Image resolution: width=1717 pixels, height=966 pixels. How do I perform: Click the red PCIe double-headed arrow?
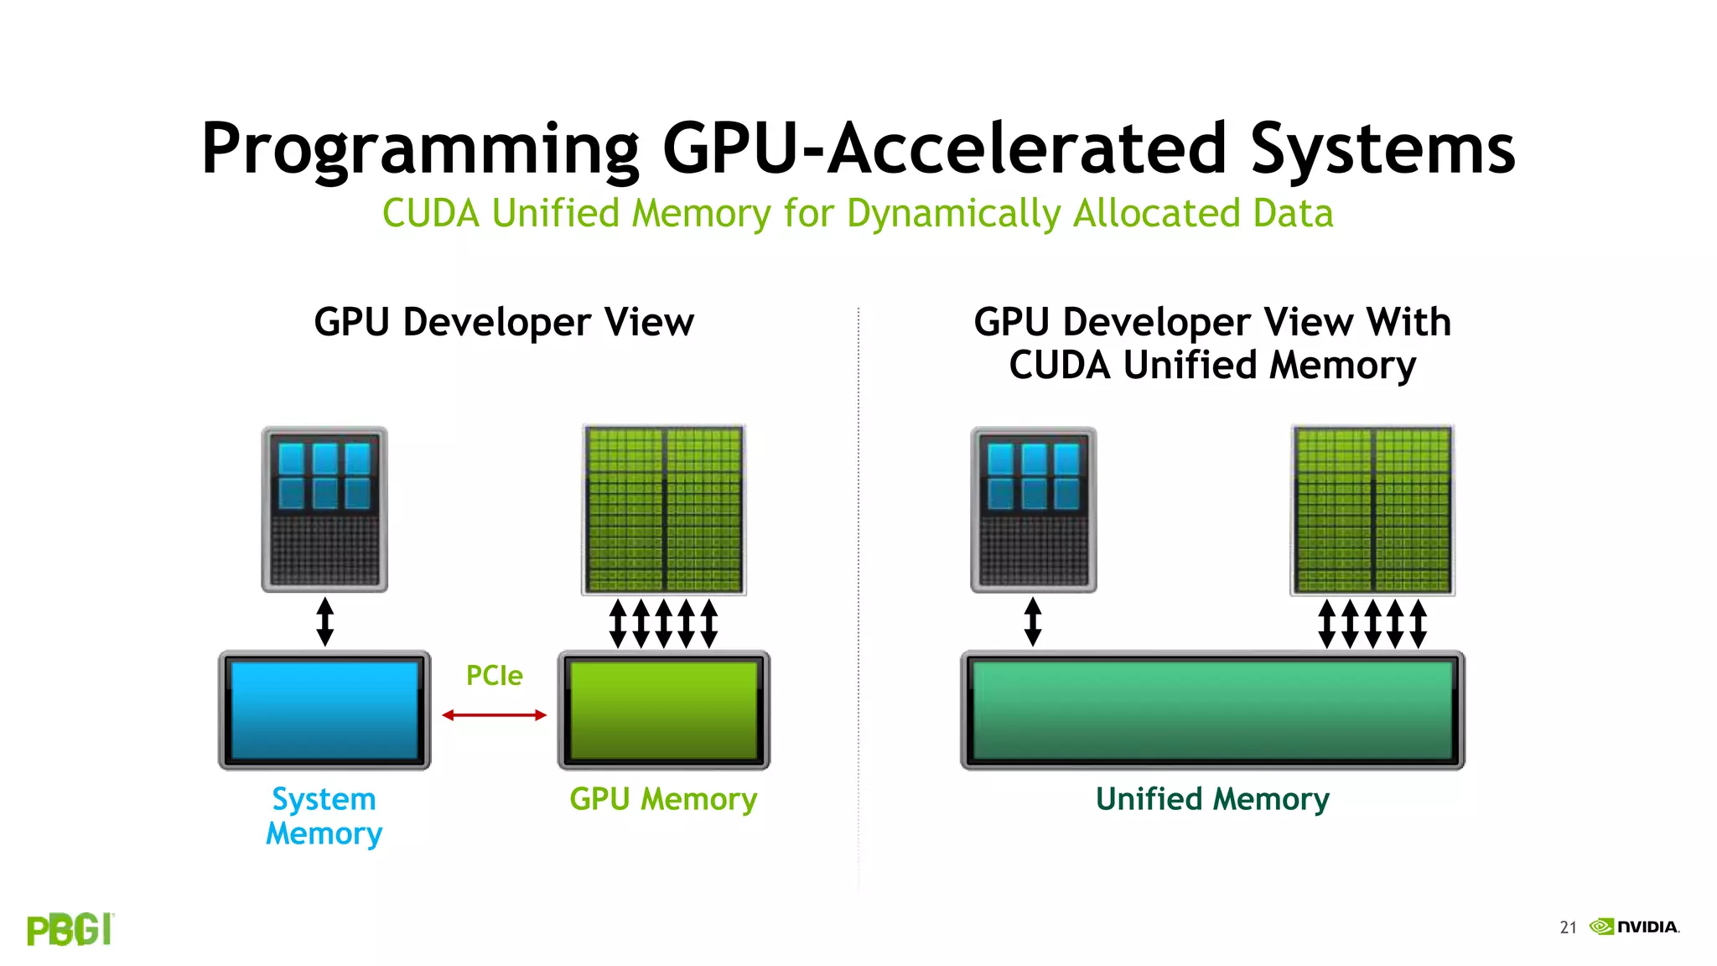click(494, 714)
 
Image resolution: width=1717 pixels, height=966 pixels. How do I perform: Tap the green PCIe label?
click(494, 676)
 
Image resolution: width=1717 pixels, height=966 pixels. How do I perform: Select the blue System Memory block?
click(324, 710)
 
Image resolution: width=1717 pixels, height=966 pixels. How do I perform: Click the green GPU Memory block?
click(663, 710)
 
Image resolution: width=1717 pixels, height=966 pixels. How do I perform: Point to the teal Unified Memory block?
click(1212, 710)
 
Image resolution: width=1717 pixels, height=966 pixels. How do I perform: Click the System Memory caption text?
click(324, 816)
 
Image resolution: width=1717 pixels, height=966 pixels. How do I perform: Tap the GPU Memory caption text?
click(663, 799)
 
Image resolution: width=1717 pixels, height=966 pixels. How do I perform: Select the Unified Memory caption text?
click(1212, 799)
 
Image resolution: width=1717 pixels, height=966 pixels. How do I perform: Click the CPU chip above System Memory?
click(324, 509)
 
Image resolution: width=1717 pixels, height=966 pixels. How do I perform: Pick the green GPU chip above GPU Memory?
click(663, 509)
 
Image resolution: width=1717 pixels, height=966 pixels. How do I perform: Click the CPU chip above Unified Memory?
click(1033, 509)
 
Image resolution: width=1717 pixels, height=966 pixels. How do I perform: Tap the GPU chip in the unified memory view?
click(1372, 509)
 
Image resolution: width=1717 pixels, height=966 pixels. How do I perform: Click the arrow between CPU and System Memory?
click(325, 621)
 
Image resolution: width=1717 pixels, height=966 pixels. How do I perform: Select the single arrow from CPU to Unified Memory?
click(1033, 621)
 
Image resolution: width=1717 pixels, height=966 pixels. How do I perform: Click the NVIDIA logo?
click(1635, 927)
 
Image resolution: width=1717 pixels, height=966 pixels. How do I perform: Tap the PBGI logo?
click(70, 929)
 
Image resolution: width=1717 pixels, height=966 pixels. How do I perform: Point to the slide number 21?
click(1568, 927)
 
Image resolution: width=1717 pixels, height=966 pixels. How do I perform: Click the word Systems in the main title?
click(1382, 149)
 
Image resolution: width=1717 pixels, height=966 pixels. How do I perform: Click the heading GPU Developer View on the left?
click(504, 323)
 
